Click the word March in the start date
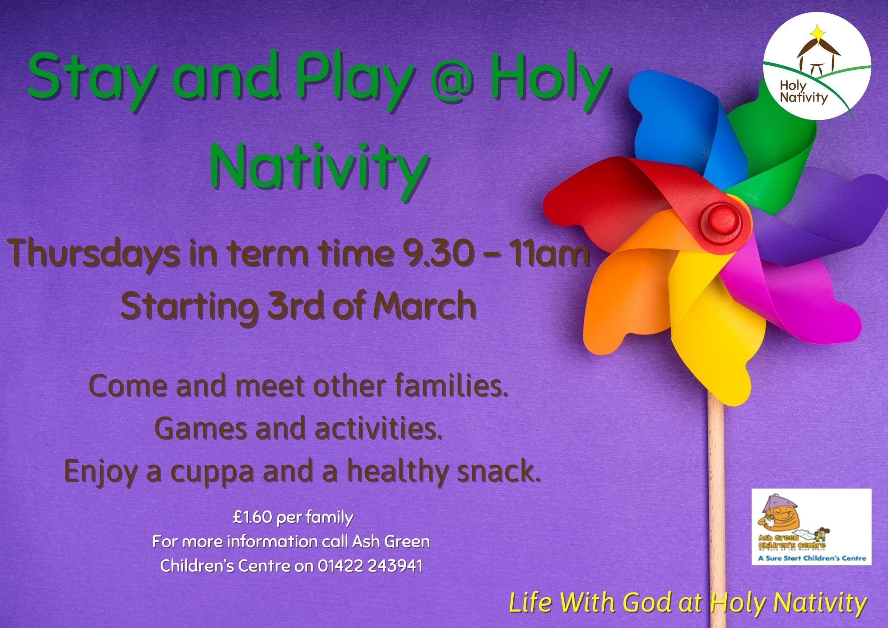424,306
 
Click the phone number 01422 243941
370,566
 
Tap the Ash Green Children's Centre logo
811,527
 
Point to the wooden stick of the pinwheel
717,511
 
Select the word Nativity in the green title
317,165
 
